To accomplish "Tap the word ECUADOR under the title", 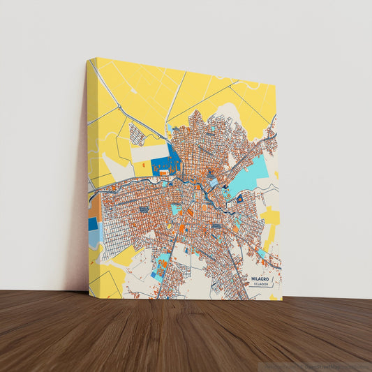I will point(261,285).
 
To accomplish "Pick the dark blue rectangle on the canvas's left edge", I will point(93,223).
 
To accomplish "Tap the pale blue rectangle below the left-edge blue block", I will point(94,239).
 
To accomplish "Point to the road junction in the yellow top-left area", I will point(119,106).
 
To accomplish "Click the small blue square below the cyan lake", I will point(239,199).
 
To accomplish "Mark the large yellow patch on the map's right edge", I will point(271,216).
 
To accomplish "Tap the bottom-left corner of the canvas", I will point(89,292).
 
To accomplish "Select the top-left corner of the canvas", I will point(87,59).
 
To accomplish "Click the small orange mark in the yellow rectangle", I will point(143,165).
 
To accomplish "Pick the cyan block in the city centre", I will point(177,209).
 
